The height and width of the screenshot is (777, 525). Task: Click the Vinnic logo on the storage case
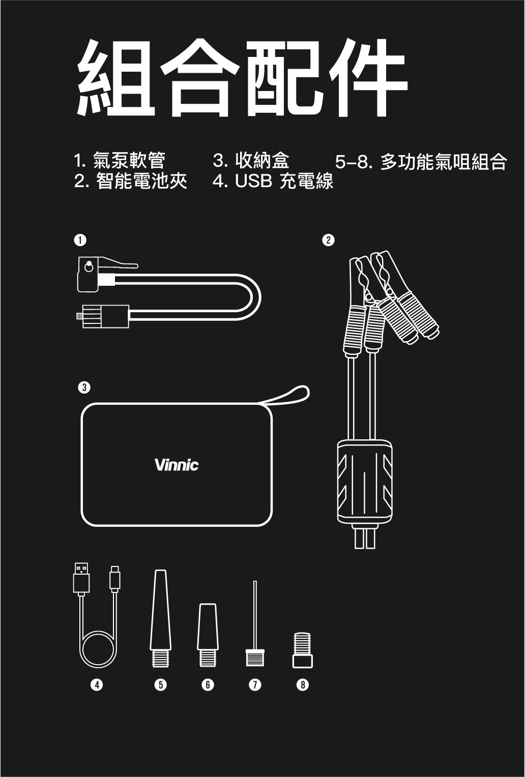point(177,465)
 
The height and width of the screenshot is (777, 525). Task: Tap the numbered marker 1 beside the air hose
point(79,240)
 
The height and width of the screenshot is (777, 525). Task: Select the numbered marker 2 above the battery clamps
point(329,240)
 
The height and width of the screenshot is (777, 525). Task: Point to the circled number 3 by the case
point(84,387)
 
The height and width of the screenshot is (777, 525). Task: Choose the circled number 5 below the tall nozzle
point(160,685)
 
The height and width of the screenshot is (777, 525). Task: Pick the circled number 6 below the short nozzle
point(207,685)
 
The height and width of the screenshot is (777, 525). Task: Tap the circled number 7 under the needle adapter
point(255,685)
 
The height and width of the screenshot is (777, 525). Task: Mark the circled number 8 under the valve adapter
point(303,685)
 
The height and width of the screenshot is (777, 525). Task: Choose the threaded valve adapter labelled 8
point(303,651)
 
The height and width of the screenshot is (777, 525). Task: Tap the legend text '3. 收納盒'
point(251,161)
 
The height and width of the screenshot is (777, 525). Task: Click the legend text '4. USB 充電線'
point(273,181)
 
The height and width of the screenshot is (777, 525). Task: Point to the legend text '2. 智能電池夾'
point(131,181)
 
